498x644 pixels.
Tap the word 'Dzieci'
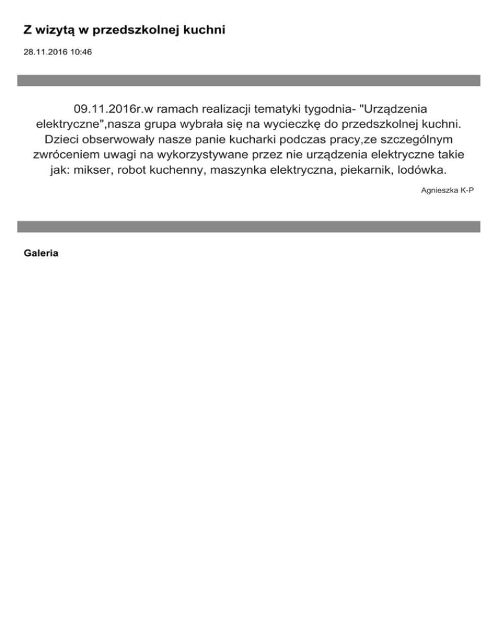pos(63,139)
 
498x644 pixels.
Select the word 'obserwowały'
pos(124,139)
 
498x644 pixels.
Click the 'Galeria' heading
pos(41,253)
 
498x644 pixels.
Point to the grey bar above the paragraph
pos(248,80)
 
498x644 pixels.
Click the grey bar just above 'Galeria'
pos(248,227)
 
